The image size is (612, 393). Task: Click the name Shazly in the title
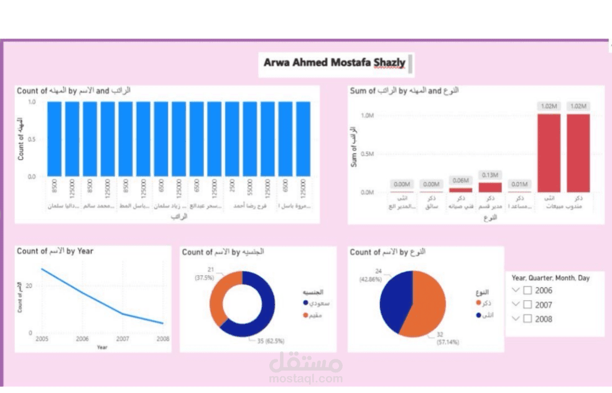[x=390, y=62]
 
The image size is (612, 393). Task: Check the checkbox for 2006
[x=527, y=290]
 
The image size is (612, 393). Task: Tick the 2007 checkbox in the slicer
[x=527, y=305]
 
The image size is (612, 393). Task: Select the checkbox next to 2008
[x=527, y=319]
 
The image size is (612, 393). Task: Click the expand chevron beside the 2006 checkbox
[x=515, y=290]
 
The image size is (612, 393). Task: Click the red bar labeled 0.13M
[x=490, y=186]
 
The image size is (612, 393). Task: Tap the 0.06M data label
[x=460, y=180]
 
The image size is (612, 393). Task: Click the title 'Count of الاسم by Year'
[x=55, y=251]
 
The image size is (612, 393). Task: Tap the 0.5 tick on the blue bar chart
[x=32, y=138]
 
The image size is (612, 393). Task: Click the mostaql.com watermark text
[x=305, y=378]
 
